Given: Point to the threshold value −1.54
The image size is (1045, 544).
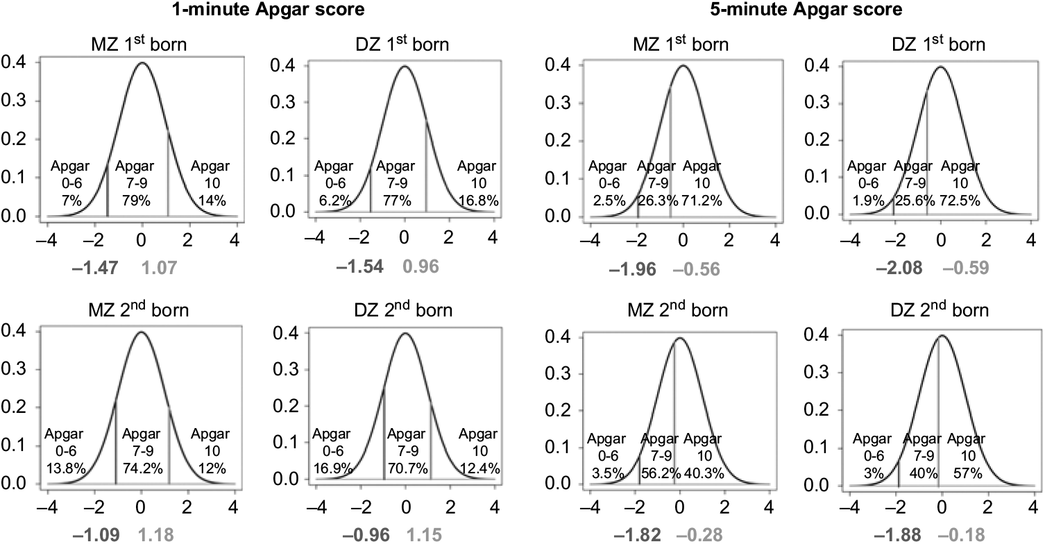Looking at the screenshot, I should pos(360,266).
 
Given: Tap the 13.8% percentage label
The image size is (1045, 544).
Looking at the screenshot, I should pos(65,468).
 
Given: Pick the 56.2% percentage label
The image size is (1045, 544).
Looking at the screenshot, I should pos(659,473).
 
